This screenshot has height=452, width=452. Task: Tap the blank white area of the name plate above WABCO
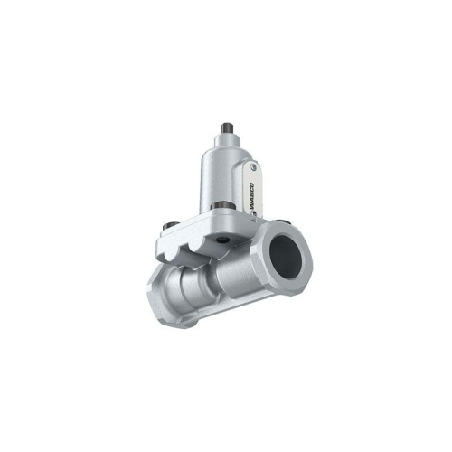(256, 178)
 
